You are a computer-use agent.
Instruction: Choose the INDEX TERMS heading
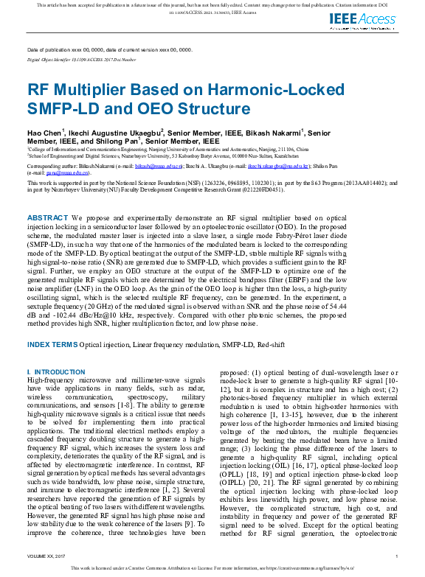pyautogui.click(x=52, y=344)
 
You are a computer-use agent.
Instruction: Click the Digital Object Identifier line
pyautogui.click(x=82, y=58)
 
